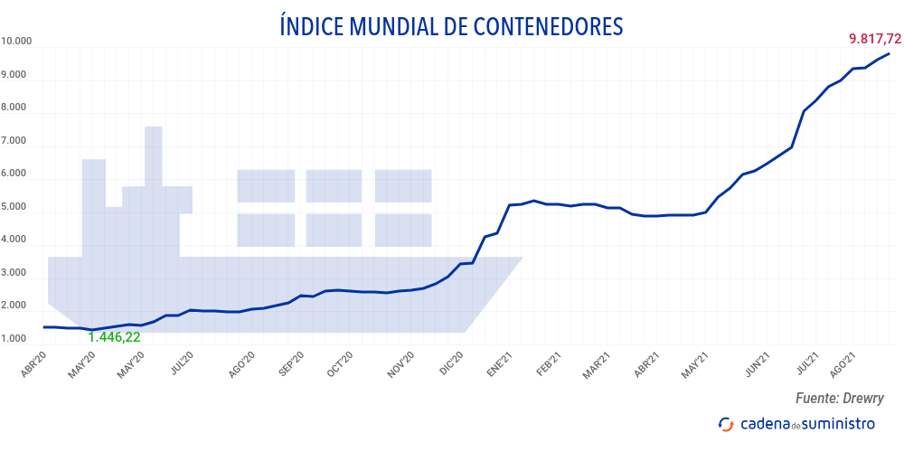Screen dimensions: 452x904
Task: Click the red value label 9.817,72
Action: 874,39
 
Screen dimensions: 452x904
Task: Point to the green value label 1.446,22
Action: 114,337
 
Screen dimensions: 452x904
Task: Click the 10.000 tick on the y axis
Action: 17,42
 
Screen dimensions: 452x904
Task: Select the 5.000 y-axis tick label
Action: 14,207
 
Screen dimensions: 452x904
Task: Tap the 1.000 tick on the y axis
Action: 14,339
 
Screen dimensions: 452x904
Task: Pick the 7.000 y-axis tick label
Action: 14,141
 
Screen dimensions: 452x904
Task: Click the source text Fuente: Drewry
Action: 839,398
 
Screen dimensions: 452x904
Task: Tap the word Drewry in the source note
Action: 862,398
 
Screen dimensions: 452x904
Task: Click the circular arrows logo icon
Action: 725,424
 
